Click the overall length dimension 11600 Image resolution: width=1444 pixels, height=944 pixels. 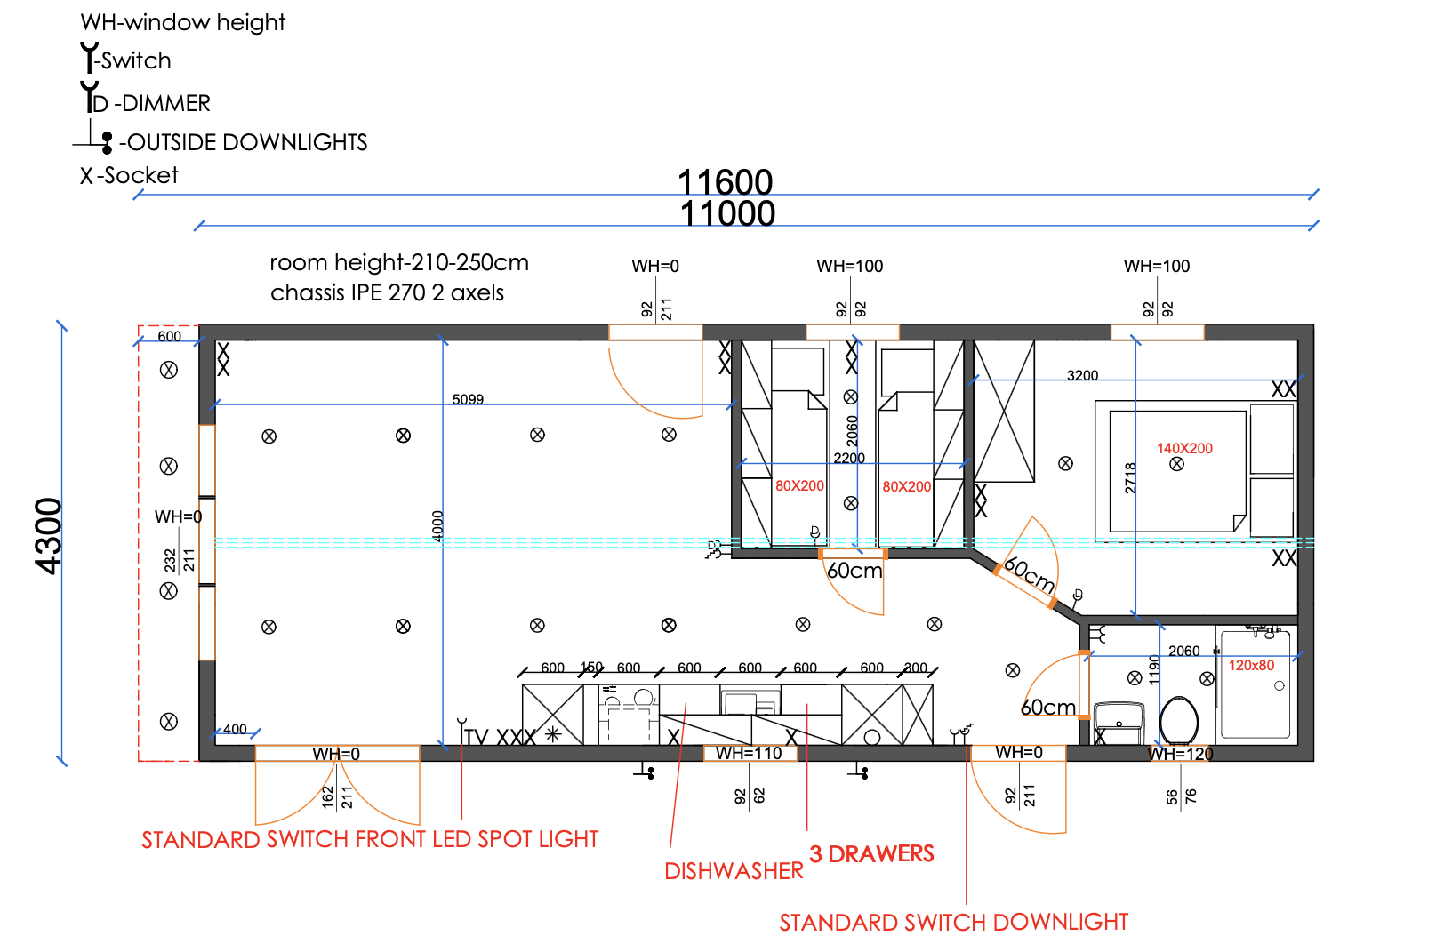point(725,182)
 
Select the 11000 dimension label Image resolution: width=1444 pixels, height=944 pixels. point(727,214)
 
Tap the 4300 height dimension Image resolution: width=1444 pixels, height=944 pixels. point(49,535)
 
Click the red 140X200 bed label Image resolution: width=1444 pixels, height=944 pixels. point(1184,449)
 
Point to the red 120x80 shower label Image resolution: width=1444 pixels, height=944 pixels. point(1251,666)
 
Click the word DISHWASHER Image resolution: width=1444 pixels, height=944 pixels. point(734,871)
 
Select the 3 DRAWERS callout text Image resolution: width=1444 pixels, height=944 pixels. point(871,854)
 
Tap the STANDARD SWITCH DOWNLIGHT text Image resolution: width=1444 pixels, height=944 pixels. point(953,922)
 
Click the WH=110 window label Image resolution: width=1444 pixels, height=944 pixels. point(749,753)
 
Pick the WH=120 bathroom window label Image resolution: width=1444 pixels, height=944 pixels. point(1181,754)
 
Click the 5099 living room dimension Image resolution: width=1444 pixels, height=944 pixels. point(468,399)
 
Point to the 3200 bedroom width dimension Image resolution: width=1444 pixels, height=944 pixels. point(1082,376)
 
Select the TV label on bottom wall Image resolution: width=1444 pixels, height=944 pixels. point(477,737)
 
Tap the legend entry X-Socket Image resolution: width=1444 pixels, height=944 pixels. point(129,175)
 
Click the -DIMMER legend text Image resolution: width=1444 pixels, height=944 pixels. point(162,103)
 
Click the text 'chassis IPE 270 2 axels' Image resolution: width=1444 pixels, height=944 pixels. point(387,292)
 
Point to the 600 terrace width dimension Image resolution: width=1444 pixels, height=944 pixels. point(170,336)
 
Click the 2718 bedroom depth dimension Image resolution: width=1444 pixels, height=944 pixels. point(1130,478)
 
